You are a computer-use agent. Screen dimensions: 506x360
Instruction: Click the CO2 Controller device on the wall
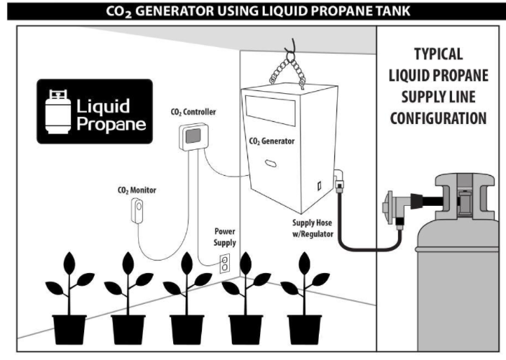[x=193, y=137]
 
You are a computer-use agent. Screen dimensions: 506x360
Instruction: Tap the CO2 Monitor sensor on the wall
[x=137, y=211]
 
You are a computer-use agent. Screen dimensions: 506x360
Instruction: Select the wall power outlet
[x=225, y=263]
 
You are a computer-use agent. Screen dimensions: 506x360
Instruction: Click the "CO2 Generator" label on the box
[x=272, y=141]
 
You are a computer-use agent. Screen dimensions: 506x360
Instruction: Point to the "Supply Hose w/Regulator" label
[x=313, y=228]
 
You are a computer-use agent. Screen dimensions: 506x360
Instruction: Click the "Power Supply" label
[x=224, y=237]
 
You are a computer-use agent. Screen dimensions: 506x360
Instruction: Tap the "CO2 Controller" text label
[x=193, y=112]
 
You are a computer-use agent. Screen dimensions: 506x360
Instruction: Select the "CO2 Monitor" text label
[x=137, y=191]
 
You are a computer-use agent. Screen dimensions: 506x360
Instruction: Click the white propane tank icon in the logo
[x=58, y=111]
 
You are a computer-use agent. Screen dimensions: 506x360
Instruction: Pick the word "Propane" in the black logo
[x=111, y=125]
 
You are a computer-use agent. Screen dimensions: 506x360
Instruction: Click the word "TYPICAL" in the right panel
[x=438, y=54]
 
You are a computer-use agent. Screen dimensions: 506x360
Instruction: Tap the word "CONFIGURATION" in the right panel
[x=438, y=118]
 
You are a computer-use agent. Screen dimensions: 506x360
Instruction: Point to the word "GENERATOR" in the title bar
[x=175, y=11]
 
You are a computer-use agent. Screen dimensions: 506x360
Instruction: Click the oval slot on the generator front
[x=271, y=163]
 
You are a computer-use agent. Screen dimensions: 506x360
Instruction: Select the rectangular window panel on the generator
[x=271, y=111]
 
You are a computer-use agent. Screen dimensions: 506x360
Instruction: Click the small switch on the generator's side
[x=319, y=186]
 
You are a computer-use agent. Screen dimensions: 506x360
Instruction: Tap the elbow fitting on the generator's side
[x=339, y=180]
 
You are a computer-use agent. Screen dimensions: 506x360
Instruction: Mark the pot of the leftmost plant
[x=69, y=329]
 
